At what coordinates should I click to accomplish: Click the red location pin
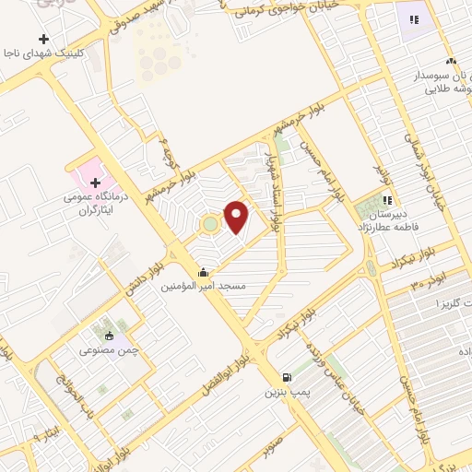point(238,216)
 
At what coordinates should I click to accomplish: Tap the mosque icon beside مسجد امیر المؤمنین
point(203,273)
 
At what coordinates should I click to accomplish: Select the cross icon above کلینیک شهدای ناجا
point(43,39)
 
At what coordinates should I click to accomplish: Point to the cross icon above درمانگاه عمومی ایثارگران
point(95,183)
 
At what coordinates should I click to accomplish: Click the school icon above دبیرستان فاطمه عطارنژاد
point(388,199)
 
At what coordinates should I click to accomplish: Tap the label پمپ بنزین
point(285,393)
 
